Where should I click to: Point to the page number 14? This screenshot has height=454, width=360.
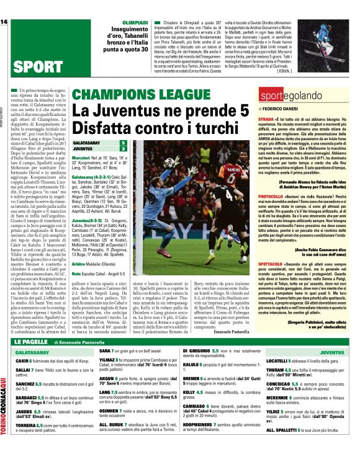coord(4,22)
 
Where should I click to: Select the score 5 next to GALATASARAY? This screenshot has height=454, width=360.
coord(123,143)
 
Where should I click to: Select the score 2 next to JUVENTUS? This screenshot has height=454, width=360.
coord(123,149)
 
